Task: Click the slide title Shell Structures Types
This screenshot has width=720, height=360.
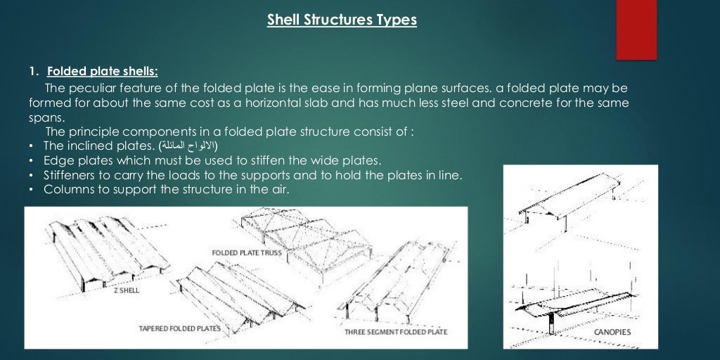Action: tap(342, 20)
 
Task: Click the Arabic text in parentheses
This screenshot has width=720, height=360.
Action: tap(188, 146)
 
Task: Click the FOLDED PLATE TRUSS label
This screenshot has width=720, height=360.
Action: tap(247, 252)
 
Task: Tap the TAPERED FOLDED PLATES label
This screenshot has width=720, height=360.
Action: tap(179, 328)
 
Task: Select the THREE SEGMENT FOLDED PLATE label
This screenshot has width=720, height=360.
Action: tap(396, 331)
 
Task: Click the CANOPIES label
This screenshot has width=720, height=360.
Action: tap(612, 332)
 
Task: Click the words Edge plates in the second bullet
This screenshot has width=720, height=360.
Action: tap(74, 160)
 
